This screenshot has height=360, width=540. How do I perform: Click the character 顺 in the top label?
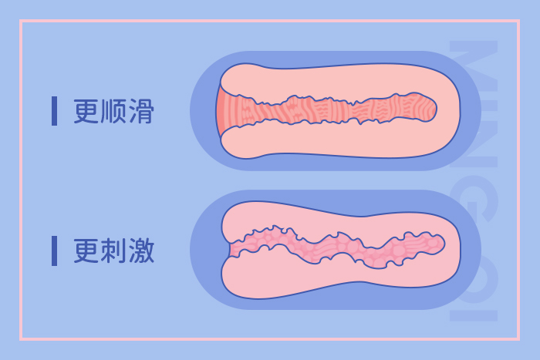(x=113, y=111)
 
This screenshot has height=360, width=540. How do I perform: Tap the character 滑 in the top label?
(x=141, y=111)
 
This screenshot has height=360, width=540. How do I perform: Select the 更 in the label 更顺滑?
(x=86, y=111)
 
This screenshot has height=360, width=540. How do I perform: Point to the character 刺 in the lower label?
(x=113, y=251)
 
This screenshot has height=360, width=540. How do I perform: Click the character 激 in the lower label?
(x=141, y=251)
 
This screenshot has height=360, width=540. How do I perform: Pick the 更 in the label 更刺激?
(x=86, y=251)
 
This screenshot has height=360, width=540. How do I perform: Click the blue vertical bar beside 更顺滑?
(x=54, y=111)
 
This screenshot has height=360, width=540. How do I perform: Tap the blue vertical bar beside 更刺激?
(x=54, y=251)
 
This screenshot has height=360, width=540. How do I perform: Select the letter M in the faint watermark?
(x=474, y=66)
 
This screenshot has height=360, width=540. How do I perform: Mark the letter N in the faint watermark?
(x=474, y=143)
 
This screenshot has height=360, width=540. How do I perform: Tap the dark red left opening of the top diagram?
(x=221, y=111)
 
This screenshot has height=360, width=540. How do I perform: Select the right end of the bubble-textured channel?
(x=443, y=244)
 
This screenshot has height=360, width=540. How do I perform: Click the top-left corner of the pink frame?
(x=21, y=21)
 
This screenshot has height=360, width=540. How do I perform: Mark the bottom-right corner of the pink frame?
(x=518, y=339)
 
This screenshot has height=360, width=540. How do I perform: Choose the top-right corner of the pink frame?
(x=518, y=21)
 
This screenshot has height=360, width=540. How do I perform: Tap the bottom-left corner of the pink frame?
(x=21, y=339)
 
